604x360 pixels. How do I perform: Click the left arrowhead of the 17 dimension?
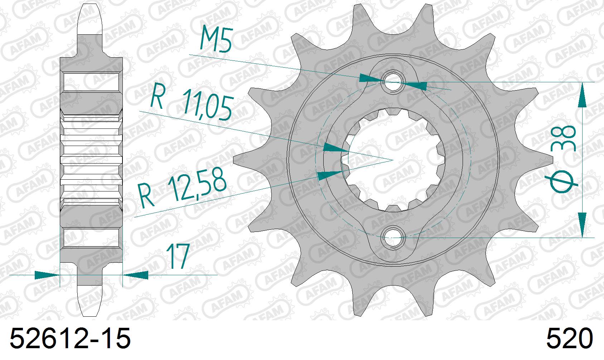[47, 275]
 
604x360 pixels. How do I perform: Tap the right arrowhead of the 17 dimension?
[136, 275]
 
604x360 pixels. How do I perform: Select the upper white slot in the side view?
[91, 82]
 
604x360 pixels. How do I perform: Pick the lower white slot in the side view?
[91, 238]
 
